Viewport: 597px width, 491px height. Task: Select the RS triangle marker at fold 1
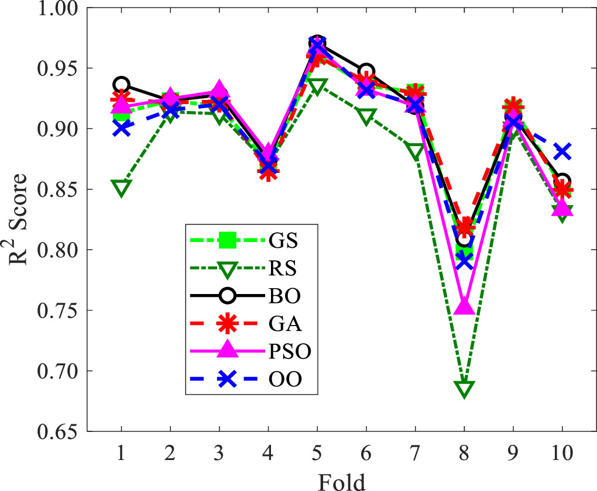(x=121, y=188)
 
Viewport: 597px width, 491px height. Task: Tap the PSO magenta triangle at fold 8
(x=464, y=306)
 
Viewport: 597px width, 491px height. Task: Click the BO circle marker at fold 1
(x=121, y=85)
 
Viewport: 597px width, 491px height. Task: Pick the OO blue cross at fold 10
(x=562, y=152)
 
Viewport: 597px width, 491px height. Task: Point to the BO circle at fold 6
(x=366, y=72)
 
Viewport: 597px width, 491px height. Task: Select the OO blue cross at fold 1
(x=121, y=128)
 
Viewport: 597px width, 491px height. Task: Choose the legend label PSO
(x=291, y=352)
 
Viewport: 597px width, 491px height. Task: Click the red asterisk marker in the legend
(x=227, y=324)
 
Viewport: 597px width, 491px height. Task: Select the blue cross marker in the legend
(x=227, y=379)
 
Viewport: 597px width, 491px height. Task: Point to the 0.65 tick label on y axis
(x=58, y=432)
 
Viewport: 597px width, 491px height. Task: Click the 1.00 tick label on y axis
(x=58, y=8)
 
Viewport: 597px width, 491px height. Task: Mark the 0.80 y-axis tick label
(x=58, y=250)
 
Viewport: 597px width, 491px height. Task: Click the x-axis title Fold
(x=342, y=480)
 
